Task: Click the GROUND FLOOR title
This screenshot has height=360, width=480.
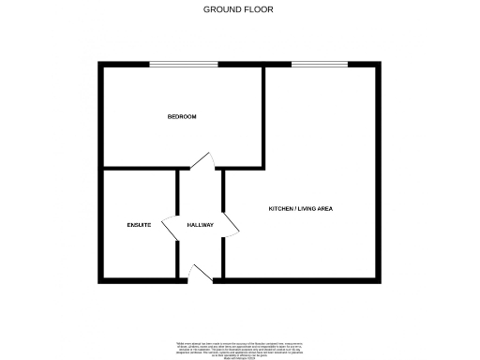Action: (x=239, y=9)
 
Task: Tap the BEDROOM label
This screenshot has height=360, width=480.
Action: (x=182, y=116)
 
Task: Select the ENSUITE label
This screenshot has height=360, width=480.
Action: (x=140, y=226)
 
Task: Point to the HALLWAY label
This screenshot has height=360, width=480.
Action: (x=201, y=226)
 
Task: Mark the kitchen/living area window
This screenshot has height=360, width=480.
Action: (x=320, y=64)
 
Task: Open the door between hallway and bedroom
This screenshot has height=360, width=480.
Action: (x=201, y=160)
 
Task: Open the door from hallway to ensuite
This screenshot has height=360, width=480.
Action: (x=171, y=226)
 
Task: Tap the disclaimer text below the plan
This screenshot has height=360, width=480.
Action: (x=239, y=346)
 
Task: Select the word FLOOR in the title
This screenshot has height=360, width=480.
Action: (x=260, y=9)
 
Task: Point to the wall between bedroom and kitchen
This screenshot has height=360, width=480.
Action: (x=263, y=117)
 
